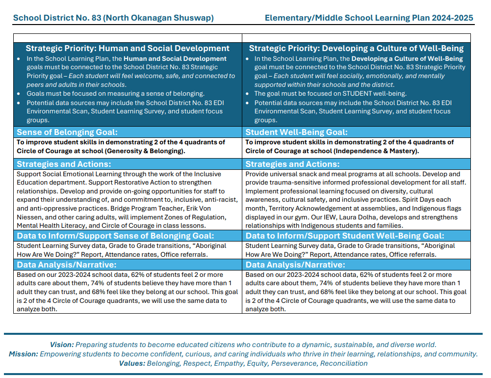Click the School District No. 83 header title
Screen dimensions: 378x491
pos(113,18)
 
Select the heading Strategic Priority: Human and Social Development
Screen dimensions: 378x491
pos(128,48)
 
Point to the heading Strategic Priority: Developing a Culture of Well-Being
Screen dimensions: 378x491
pos(356,48)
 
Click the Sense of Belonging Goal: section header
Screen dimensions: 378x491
pos(67,132)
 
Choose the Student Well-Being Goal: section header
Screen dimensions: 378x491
pos(296,132)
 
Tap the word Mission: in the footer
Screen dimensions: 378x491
pos(24,354)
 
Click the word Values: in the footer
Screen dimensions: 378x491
pos(132,363)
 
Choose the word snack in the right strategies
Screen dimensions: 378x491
pos(310,174)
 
